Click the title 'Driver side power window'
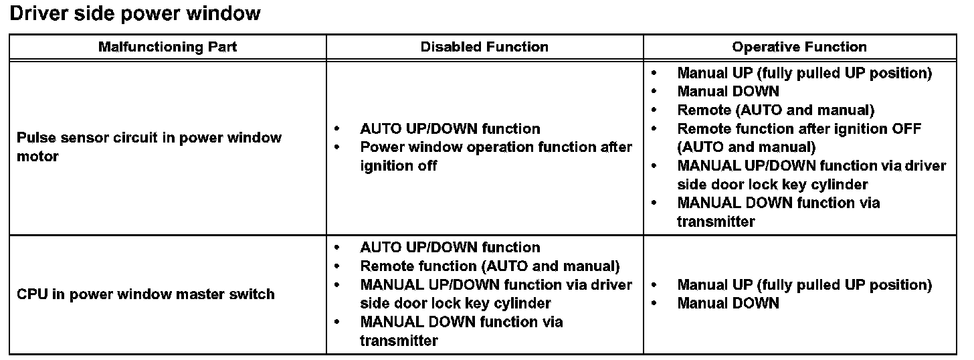[135, 13]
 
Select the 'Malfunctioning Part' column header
[167, 47]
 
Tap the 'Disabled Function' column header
[484, 47]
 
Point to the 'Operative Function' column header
[799, 47]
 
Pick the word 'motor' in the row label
[38, 157]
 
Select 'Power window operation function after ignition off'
[495, 156]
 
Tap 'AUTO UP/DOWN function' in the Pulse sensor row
[450, 128]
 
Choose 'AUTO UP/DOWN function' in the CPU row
[450, 248]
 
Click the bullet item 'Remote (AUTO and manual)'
[775, 110]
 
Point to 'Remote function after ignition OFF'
[799, 128]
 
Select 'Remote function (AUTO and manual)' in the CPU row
[490, 266]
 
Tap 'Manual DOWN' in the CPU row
[728, 303]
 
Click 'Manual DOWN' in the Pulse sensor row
[728, 92]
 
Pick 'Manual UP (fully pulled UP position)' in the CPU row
[804, 285]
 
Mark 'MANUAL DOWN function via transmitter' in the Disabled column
[461, 331]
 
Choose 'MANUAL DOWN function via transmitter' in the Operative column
[778, 211]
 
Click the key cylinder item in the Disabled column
[495, 294]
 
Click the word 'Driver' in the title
[39, 13]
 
